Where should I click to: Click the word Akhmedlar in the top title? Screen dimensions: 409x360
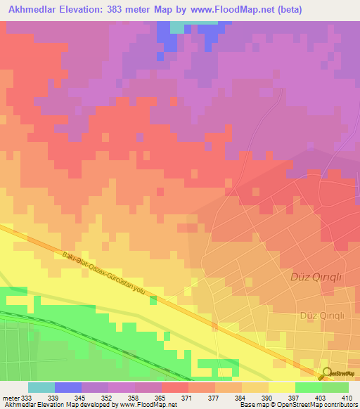click(32, 9)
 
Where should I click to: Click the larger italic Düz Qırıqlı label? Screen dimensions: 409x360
click(316, 277)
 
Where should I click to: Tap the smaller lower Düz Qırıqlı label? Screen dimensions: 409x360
click(321, 316)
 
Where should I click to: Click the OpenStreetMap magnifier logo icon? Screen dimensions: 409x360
click(328, 374)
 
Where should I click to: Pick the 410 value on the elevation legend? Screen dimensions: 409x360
click(347, 398)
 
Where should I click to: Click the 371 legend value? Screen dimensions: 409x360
click(186, 398)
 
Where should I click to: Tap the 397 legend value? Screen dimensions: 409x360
click(293, 398)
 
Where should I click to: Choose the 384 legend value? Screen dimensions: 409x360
click(240, 398)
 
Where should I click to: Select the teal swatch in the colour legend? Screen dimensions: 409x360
click(41, 387)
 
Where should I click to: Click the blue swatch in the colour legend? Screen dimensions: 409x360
click(68, 387)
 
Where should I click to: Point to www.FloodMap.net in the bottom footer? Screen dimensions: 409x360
click(149, 405)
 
